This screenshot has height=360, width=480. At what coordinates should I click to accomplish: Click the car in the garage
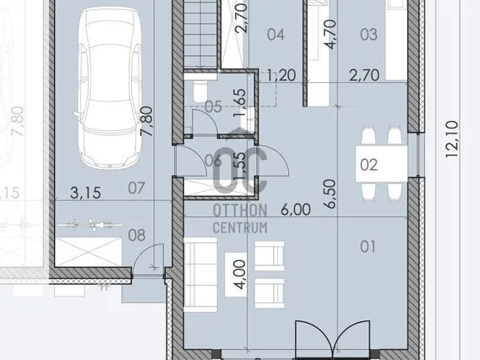[109, 88]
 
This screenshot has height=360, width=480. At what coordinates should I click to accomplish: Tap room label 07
[136, 188]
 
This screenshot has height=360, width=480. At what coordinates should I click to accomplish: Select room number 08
[137, 236]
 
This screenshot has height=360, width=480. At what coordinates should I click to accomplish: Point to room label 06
[213, 161]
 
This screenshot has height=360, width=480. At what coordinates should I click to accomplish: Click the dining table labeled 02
[381, 164]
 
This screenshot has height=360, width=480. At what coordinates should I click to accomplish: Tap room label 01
[368, 247]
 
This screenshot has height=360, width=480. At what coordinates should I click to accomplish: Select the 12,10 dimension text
[452, 139]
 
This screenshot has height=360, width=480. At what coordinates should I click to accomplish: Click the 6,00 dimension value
[296, 210]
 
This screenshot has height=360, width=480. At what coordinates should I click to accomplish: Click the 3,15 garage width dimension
[85, 193]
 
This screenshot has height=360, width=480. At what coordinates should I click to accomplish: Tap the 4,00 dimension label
[239, 275]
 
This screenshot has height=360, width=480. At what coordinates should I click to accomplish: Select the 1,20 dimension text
[281, 75]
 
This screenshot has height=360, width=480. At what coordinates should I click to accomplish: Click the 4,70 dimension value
[330, 35]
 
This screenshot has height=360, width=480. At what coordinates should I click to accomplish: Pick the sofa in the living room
[200, 275]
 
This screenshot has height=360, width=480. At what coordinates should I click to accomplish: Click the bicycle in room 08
[90, 225]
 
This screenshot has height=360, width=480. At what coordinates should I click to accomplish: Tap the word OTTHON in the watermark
[240, 211]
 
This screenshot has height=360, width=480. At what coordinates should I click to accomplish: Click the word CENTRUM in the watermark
[240, 227]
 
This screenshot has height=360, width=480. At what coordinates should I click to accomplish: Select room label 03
[368, 35]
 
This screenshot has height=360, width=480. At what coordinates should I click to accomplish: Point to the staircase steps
[200, 34]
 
